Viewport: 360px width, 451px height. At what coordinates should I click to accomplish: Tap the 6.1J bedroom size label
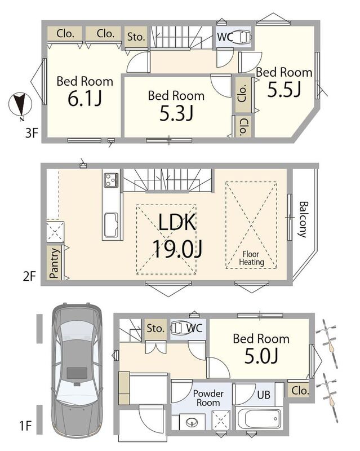click(x=85, y=99)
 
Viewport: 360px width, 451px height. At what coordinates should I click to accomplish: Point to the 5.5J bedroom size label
click(x=284, y=89)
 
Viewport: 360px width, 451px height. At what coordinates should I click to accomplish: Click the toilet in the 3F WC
click(x=243, y=37)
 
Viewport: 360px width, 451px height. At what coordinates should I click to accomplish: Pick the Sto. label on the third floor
click(x=136, y=37)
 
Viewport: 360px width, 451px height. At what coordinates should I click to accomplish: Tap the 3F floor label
click(x=32, y=133)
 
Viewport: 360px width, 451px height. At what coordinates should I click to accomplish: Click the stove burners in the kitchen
click(x=112, y=180)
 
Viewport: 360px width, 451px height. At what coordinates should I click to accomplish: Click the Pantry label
click(x=54, y=263)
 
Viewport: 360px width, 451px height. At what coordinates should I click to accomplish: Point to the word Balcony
click(x=303, y=219)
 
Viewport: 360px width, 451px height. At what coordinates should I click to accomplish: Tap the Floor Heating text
click(x=251, y=258)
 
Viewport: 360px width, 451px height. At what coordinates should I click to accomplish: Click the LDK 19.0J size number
click(x=177, y=249)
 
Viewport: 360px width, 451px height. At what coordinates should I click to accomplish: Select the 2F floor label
click(x=29, y=276)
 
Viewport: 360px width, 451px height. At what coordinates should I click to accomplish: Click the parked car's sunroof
click(x=77, y=373)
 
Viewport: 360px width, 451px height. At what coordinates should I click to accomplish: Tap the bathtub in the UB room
click(x=258, y=419)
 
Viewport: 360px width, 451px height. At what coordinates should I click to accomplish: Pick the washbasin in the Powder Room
click(x=192, y=422)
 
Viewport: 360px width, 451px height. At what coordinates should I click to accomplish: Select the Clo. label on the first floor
click(x=300, y=390)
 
